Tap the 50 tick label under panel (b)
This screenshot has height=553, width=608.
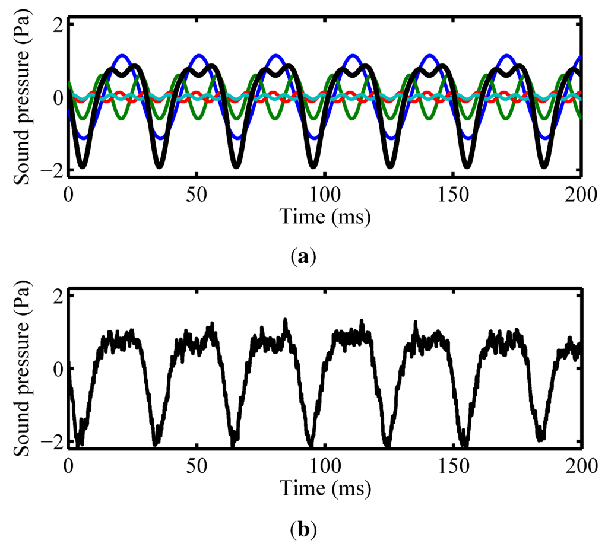(197, 467)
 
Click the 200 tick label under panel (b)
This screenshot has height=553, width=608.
(581, 467)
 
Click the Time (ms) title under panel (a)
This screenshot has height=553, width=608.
(325, 217)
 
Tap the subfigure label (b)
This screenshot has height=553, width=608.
(304, 528)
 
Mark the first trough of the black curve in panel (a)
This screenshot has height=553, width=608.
(83, 167)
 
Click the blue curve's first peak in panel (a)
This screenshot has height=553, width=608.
(122, 56)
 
